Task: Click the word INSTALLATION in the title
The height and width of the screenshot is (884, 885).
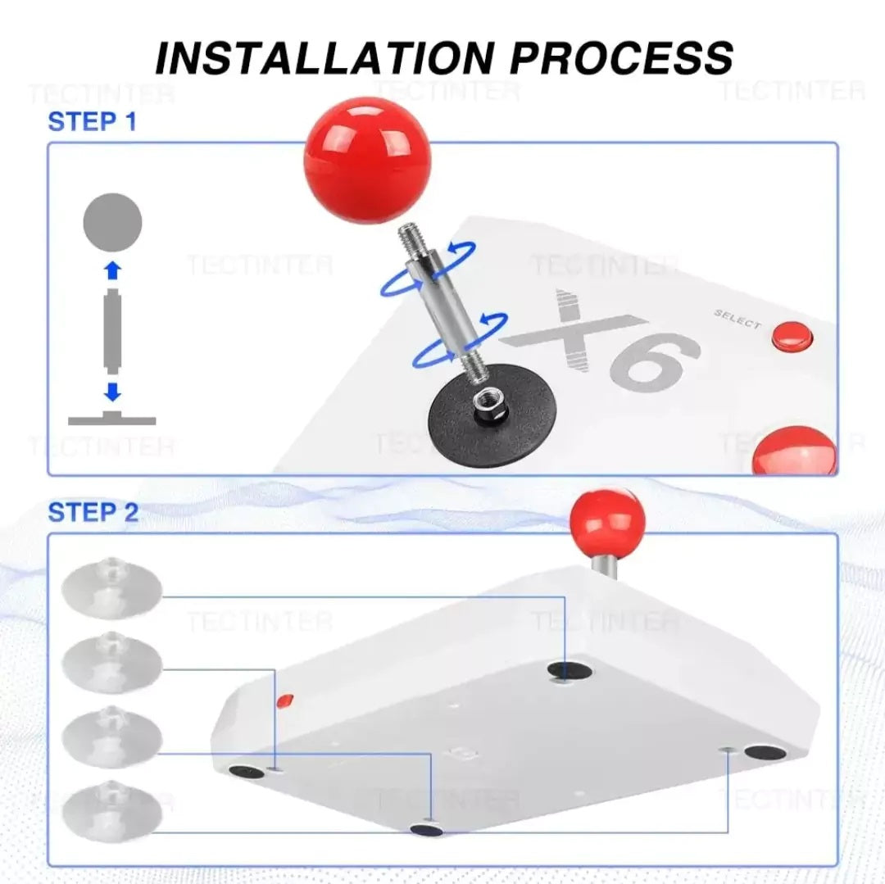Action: [x=324, y=57]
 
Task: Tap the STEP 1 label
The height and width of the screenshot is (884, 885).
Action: [x=93, y=121]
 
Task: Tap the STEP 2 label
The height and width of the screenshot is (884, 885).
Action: [x=93, y=512]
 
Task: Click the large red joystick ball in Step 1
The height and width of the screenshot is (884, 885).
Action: [x=367, y=161]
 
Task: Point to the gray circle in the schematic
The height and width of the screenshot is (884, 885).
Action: [x=112, y=223]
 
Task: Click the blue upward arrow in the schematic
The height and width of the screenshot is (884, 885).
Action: [x=113, y=271]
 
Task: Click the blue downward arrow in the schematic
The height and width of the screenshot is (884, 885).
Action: [x=113, y=392]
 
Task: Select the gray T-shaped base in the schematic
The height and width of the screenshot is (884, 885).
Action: [x=111, y=418]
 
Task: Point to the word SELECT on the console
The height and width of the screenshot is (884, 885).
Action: [x=737, y=319]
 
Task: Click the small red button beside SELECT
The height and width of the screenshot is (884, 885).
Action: [x=792, y=336]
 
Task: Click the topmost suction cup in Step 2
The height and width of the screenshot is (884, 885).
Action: [x=111, y=586]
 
